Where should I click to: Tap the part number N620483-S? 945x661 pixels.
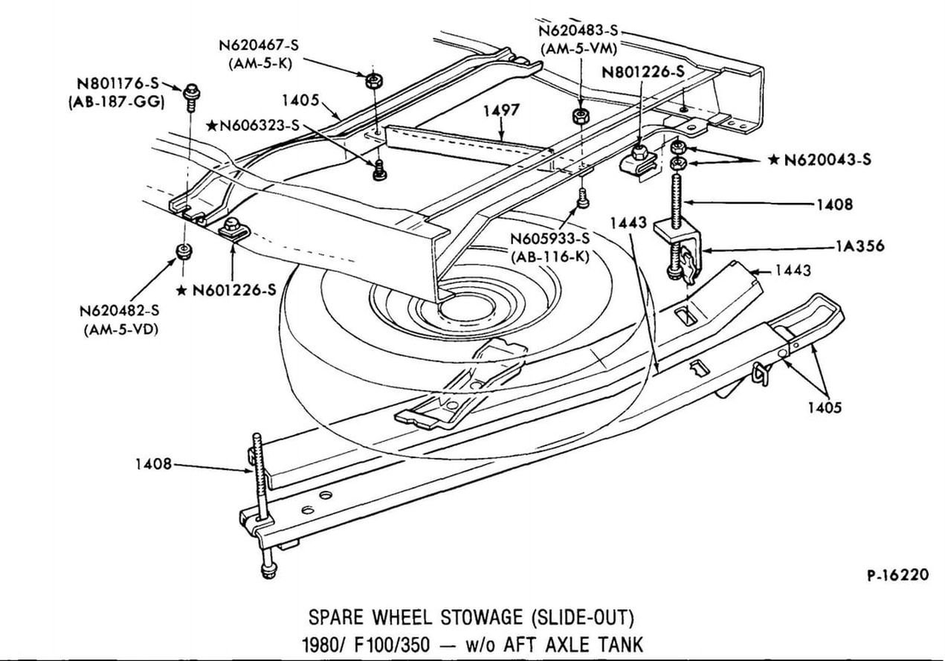click(x=579, y=31)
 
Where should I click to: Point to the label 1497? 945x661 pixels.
click(x=501, y=111)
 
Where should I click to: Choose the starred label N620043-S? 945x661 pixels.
click(x=827, y=160)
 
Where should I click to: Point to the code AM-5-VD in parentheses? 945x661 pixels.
click(x=124, y=329)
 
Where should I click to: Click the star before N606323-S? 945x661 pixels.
click(x=212, y=126)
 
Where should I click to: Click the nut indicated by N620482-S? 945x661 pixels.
click(x=181, y=251)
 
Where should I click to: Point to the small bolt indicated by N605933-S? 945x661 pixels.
click(x=582, y=199)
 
